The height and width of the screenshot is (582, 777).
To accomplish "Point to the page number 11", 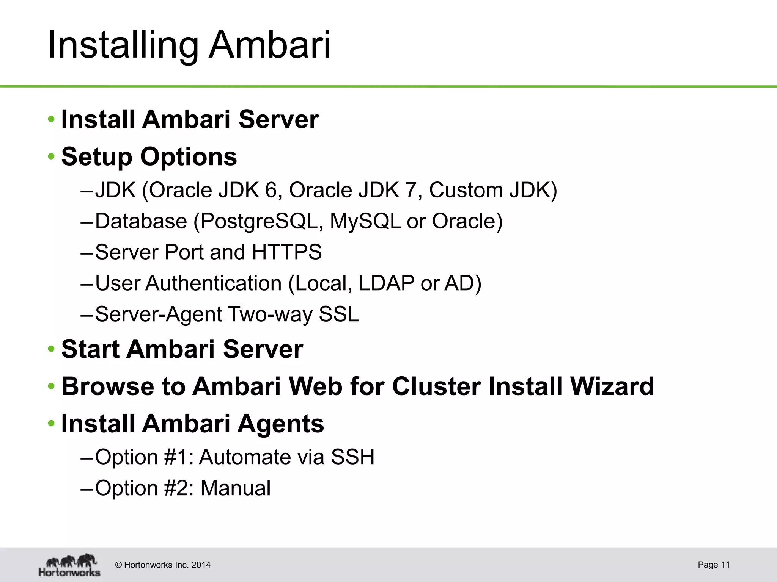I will point(725,565).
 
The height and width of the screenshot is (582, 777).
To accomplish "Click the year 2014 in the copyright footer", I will point(201,565).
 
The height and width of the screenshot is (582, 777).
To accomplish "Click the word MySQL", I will point(365,221).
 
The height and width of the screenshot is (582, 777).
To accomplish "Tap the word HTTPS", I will point(286,252).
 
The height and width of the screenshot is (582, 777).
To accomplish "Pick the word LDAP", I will point(386,283).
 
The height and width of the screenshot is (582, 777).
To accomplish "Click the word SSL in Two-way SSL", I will point(338,314).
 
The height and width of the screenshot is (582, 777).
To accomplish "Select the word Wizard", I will point(612,386).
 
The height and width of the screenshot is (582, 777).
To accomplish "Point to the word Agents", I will point(281,424).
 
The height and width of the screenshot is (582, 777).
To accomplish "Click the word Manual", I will point(235,488).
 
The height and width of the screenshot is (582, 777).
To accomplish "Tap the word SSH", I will point(352,457).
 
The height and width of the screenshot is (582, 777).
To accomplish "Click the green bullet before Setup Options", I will point(51,156).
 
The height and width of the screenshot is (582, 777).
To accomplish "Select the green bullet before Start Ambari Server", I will point(51,349).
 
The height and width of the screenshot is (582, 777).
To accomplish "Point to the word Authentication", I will point(213,283).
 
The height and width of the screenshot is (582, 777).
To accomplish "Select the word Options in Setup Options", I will point(189,157).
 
